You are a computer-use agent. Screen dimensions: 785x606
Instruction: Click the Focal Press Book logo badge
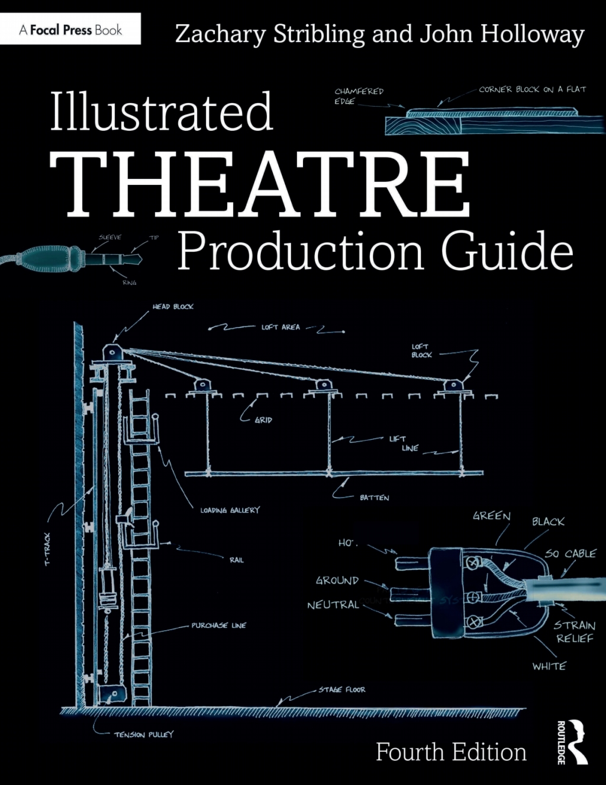pyautogui.click(x=70, y=29)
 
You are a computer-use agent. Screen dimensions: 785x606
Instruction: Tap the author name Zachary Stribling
pyautogui.click(x=269, y=34)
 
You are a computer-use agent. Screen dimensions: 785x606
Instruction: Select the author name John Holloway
pyautogui.click(x=502, y=34)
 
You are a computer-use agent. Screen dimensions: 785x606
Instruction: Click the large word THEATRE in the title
pyautogui.click(x=260, y=184)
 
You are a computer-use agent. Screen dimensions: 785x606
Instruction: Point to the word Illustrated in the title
pyautogui.click(x=161, y=111)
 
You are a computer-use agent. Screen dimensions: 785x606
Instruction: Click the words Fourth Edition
pyautogui.click(x=451, y=752)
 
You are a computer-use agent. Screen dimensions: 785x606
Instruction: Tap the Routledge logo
pyautogui.click(x=572, y=742)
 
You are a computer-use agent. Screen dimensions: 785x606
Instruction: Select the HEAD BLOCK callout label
pyautogui.click(x=173, y=307)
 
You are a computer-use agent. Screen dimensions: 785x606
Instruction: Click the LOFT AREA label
pyautogui.click(x=281, y=327)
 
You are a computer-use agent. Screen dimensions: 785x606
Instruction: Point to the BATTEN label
pyautogui.click(x=375, y=498)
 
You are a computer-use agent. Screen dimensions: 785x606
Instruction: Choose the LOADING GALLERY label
pyautogui.click(x=230, y=510)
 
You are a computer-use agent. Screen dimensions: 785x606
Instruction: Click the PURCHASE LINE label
pyautogui.click(x=218, y=626)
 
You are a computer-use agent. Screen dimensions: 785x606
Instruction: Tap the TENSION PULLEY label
pyautogui.click(x=144, y=735)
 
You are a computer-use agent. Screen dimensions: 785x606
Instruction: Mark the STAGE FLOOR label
pyautogui.click(x=342, y=690)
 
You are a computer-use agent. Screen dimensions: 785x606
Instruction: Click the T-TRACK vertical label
pyautogui.click(x=48, y=549)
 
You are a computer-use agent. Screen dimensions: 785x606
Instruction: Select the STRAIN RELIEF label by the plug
pyautogui.click(x=574, y=632)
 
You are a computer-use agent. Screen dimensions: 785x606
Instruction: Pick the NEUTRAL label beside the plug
pyautogui.click(x=333, y=605)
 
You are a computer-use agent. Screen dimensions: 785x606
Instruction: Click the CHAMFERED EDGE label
pyautogui.click(x=359, y=96)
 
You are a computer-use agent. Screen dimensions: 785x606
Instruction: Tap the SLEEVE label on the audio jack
pyautogui.click(x=109, y=238)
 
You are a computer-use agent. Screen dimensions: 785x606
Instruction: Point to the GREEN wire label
pyautogui.click(x=491, y=516)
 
